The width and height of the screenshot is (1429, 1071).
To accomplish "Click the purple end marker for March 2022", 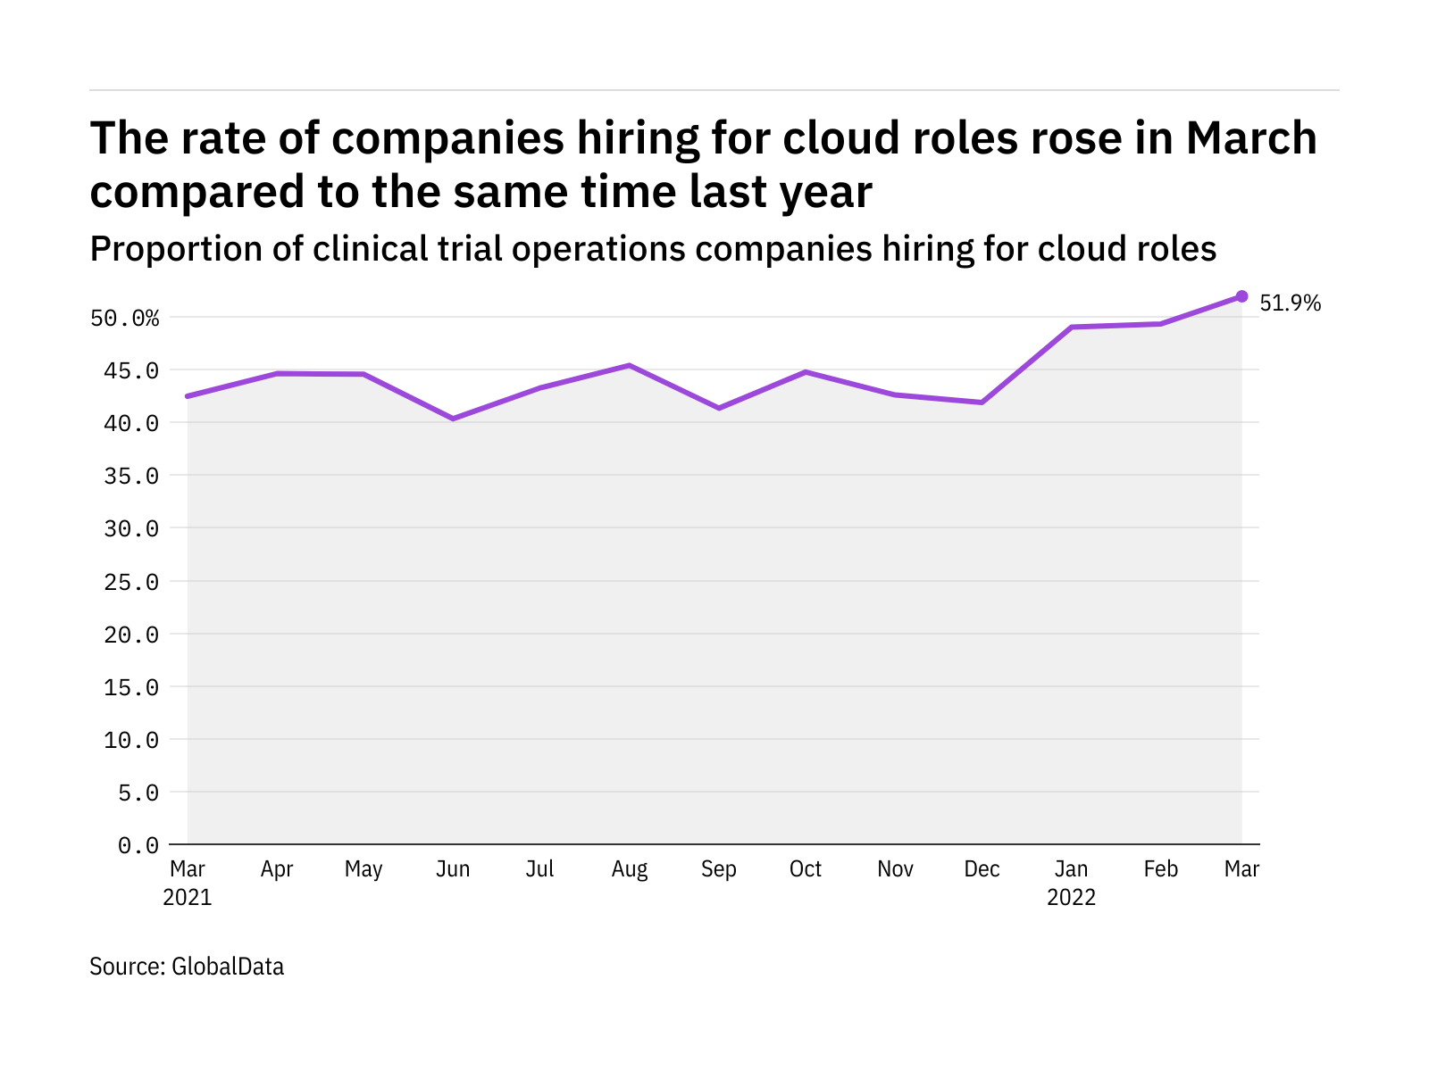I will coord(1241,296).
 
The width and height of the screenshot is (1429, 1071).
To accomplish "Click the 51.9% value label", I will coord(1290,303).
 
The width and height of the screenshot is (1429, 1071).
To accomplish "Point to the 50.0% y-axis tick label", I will coord(125,319).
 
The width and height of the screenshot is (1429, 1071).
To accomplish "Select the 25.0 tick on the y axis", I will coord(131,582).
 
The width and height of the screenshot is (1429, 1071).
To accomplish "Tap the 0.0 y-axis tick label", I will coord(138,845).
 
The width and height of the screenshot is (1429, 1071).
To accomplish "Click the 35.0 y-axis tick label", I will coord(131,477).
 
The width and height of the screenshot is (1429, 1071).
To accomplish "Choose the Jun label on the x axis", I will coord(453,869).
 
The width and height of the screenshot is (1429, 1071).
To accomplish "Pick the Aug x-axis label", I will coord(630,869).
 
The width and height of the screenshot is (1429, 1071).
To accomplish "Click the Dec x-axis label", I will coord(982,869).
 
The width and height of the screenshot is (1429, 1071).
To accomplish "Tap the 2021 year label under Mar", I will coord(188,897).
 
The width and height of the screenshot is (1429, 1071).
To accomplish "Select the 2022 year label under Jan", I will coord(1071,897).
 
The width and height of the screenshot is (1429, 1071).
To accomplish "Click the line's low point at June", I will coord(454,419).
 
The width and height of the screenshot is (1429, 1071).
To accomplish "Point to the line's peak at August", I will coord(630,365).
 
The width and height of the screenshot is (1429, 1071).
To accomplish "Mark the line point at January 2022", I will coord(1071,328).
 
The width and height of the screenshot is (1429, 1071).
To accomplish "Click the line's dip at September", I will coord(719,408).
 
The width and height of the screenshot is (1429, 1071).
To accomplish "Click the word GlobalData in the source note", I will coord(228,967).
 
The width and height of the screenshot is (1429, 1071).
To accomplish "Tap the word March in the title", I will coord(1251,138).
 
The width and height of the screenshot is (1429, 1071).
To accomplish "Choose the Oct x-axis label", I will coord(806,869).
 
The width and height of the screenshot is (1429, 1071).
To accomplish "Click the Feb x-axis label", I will coord(1160,869).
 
